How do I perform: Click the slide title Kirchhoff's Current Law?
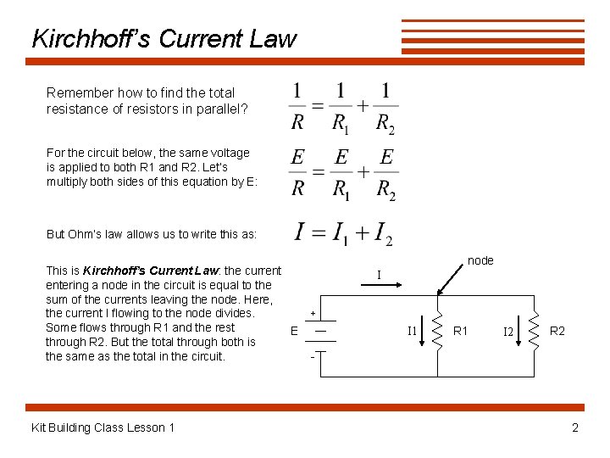(164, 39)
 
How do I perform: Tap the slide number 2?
(575, 427)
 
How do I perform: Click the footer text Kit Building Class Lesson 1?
(103, 427)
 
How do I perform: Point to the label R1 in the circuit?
(461, 330)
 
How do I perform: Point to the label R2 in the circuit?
(557, 330)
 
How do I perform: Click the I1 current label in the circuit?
(412, 331)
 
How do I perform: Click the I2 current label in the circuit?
(507, 331)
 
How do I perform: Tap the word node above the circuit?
(480, 260)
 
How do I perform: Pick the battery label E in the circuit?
(294, 331)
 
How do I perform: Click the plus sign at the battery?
(313, 312)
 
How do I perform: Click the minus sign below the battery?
(313, 355)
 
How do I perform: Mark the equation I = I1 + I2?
(342, 232)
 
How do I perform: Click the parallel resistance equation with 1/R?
(342, 107)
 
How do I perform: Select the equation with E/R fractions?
(342, 173)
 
